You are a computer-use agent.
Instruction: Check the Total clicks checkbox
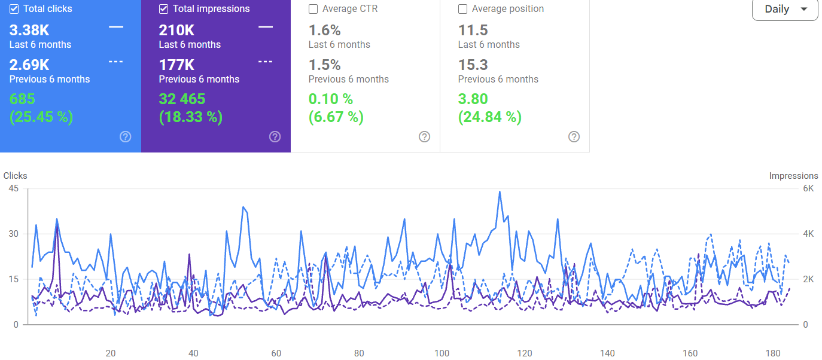14,9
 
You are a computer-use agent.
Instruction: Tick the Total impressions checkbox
164,9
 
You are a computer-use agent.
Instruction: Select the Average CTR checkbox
313,9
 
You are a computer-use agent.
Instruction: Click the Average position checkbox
462,9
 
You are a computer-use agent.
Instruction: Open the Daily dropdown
785,9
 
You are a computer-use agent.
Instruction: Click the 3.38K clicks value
29,30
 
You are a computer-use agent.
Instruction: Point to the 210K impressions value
176,30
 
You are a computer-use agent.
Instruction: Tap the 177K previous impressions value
176,65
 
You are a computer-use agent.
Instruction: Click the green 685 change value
22,99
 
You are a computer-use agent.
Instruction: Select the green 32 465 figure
182,99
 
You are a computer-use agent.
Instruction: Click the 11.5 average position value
473,30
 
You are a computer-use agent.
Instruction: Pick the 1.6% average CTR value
325,30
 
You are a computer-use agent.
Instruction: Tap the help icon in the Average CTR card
425,137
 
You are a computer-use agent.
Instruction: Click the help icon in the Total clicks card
126,137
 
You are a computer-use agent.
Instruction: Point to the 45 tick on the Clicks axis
14,188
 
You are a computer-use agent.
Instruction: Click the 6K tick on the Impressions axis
808,188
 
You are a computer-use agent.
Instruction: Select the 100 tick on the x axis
442,353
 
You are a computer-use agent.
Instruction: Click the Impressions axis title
794,176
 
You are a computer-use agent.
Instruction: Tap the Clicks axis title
16,176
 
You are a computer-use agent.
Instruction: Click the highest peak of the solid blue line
500,191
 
